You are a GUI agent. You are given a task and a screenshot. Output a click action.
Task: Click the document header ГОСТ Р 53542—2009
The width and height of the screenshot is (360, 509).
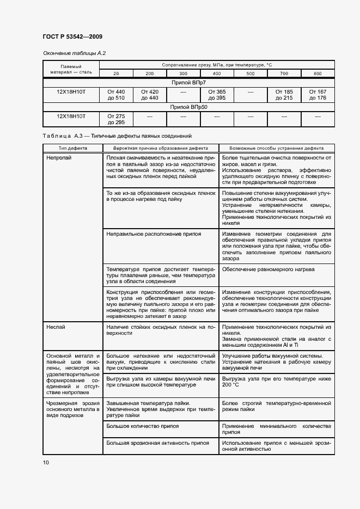click(x=72, y=36)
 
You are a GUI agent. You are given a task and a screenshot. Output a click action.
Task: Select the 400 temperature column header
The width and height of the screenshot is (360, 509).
click(x=217, y=73)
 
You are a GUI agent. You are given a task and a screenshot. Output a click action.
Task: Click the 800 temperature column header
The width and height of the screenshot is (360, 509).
click(x=318, y=73)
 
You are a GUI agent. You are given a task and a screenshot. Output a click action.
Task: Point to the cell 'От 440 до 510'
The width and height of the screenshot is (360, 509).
click(x=116, y=95)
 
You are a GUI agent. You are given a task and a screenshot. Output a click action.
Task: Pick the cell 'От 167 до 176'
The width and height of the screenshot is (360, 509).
click(x=318, y=95)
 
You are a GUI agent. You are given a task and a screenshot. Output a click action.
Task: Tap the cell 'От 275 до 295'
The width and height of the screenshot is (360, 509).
click(x=116, y=119)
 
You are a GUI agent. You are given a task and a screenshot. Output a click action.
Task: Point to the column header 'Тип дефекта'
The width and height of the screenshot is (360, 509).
click(x=72, y=148)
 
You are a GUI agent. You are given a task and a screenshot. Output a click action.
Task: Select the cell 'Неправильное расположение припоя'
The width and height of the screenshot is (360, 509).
click(x=154, y=234)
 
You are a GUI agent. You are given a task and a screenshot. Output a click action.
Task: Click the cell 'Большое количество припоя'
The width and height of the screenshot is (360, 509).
click(x=143, y=426)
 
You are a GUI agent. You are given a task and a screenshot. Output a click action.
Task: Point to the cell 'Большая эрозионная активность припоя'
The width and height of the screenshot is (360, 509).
click(x=158, y=443)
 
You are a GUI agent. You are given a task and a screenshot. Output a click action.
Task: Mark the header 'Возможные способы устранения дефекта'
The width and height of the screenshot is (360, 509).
click(x=277, y=148)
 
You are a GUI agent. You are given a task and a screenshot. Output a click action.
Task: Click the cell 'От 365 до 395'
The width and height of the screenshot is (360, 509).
click(x=217, y=95)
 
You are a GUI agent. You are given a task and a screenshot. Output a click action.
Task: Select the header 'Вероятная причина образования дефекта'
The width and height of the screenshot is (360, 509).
click(x=161, y=148)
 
